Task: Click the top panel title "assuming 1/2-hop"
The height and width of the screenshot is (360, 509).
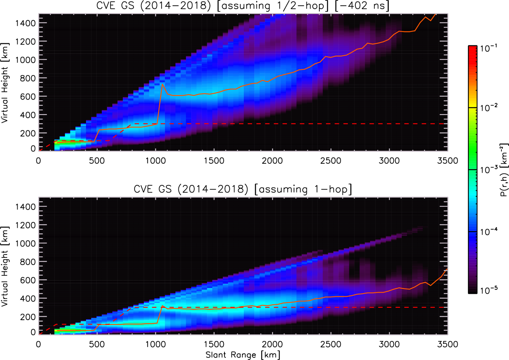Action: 273,5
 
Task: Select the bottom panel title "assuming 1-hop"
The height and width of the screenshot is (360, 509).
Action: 303,189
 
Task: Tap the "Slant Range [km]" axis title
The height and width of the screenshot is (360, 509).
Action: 243,355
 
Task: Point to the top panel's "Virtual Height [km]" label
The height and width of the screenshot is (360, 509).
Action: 5,83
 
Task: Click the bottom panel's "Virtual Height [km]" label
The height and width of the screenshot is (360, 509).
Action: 5,266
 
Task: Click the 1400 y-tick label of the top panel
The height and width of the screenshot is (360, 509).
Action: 25,23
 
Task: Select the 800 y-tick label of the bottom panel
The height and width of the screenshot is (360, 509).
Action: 28,261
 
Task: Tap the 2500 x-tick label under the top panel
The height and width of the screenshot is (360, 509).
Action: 331,161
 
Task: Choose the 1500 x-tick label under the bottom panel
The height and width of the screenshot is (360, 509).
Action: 214,344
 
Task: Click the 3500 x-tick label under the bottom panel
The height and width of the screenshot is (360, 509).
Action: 447,344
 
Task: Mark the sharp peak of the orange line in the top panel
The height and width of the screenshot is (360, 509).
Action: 163,84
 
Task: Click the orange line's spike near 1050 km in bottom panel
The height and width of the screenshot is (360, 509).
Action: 162,306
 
